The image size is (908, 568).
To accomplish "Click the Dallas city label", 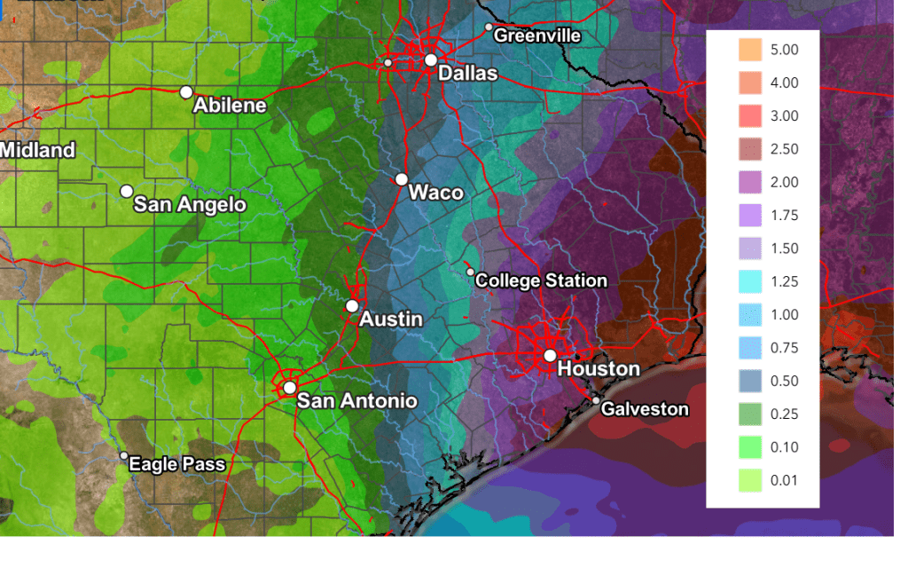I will pyautogui.click(x=468, y=73).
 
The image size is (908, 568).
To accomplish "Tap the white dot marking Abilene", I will pyautogui.click(x=186, y=91).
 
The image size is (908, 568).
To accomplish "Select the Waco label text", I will pyautogui.click(x=435, y=193).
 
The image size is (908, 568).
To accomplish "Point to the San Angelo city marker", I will pyautogui.click(x=127, y=191).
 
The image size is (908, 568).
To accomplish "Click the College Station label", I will pyautogui.click(x=541, y=280).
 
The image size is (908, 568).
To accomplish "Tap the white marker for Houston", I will pyautogui.click(x=550, y=355).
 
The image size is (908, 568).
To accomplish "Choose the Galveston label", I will pyautogui.click(x=645, y=409).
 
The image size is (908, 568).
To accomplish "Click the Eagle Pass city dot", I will pyautogui.click(x=124, y=455).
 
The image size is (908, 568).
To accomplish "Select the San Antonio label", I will pyautogui.click(x=356, y=400).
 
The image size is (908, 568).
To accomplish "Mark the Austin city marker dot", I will pyautogui.click(x=352, y=305).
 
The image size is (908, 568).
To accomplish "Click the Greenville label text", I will pyautogui.click(x=537, y=35).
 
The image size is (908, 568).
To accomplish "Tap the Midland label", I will pyautogui.click(x=37, y=150).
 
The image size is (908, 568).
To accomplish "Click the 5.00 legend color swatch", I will pyautogui.click(x=750, y=50).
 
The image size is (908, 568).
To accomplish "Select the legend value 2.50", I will pyautogui.click(x=785, y=149).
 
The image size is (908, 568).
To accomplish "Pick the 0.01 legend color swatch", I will pyautogui.click(x=750, y=480).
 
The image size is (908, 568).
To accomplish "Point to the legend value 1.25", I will pyautogui.click(x=785, y=281).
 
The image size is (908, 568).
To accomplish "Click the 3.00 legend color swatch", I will pyautogui.click(x=750, y=116).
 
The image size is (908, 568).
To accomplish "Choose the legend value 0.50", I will pyautogui.click(x=785, y=381).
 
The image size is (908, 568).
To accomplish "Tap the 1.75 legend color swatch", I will pyautogui.click(x=750, y=216).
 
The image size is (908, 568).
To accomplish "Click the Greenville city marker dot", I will pyautogui.click(x=488, y=28).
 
